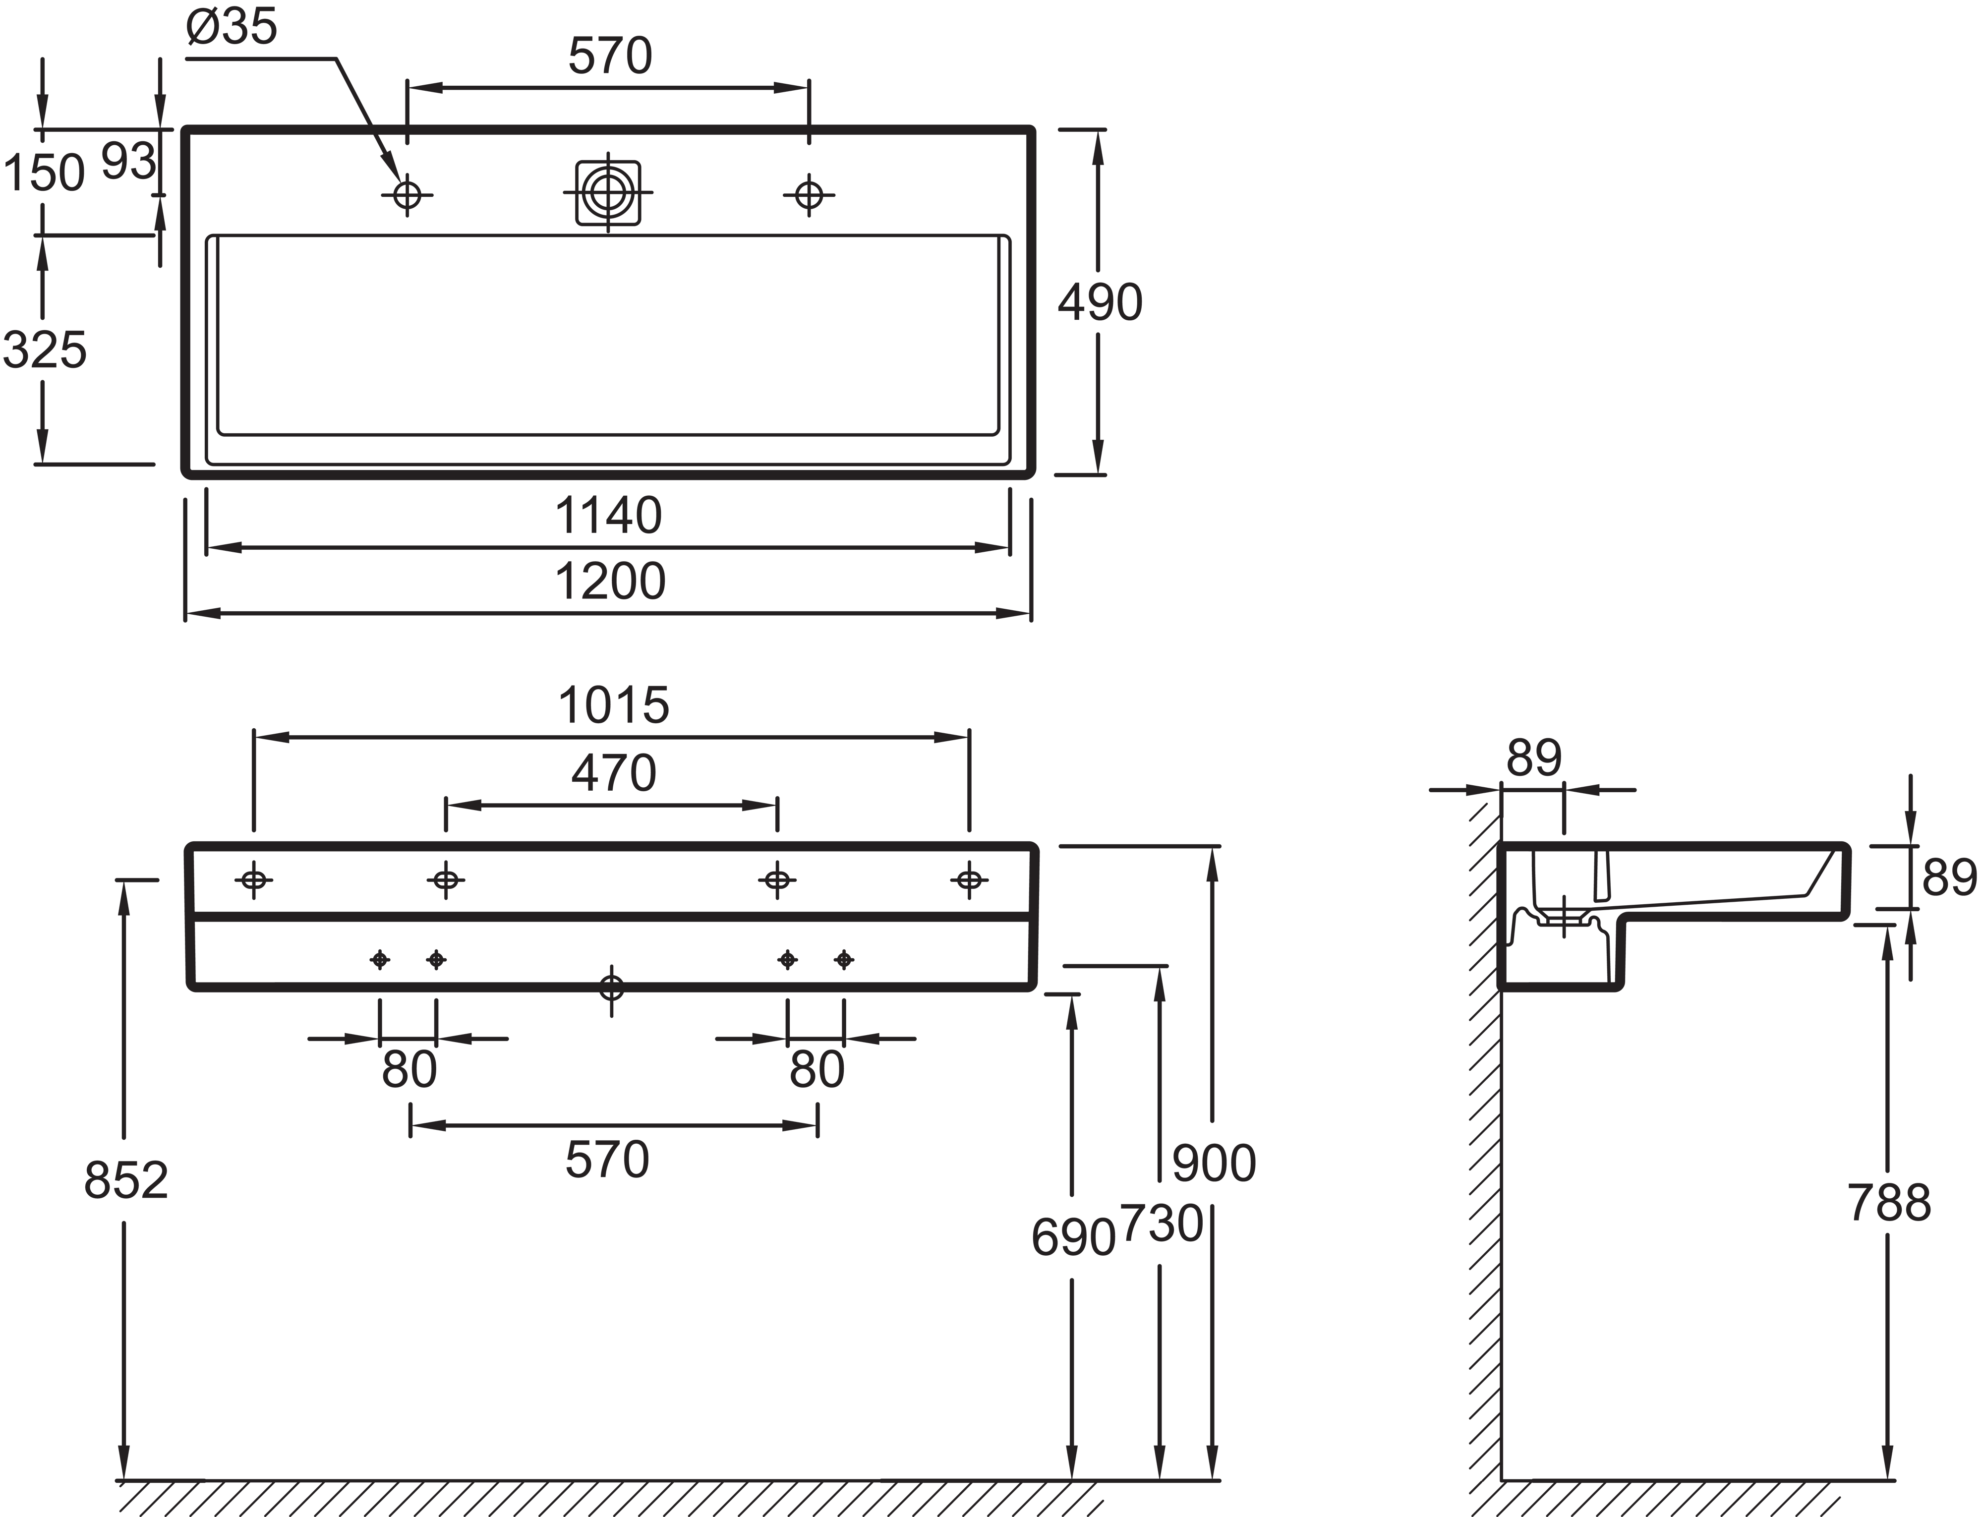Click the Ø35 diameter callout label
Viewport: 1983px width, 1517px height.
(x=231, y=27)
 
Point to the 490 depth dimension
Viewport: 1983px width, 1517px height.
(x=1100, y=302)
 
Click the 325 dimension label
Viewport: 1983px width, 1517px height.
(x=45, y=350)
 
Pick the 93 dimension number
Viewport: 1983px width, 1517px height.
(x=128, y=163)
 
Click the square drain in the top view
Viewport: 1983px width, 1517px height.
(x=608, y=192)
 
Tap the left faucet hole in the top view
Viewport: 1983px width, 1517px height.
(x=407, y=194)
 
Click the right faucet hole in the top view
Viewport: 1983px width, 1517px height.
(x=809, y=194)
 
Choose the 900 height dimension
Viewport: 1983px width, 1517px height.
(x=1214, y=1163)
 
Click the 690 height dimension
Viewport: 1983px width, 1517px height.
(x=1073, y=1237)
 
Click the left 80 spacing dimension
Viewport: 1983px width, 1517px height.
(x=409, y=1070)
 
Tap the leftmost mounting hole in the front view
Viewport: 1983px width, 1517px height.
(x=254, y=878)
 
